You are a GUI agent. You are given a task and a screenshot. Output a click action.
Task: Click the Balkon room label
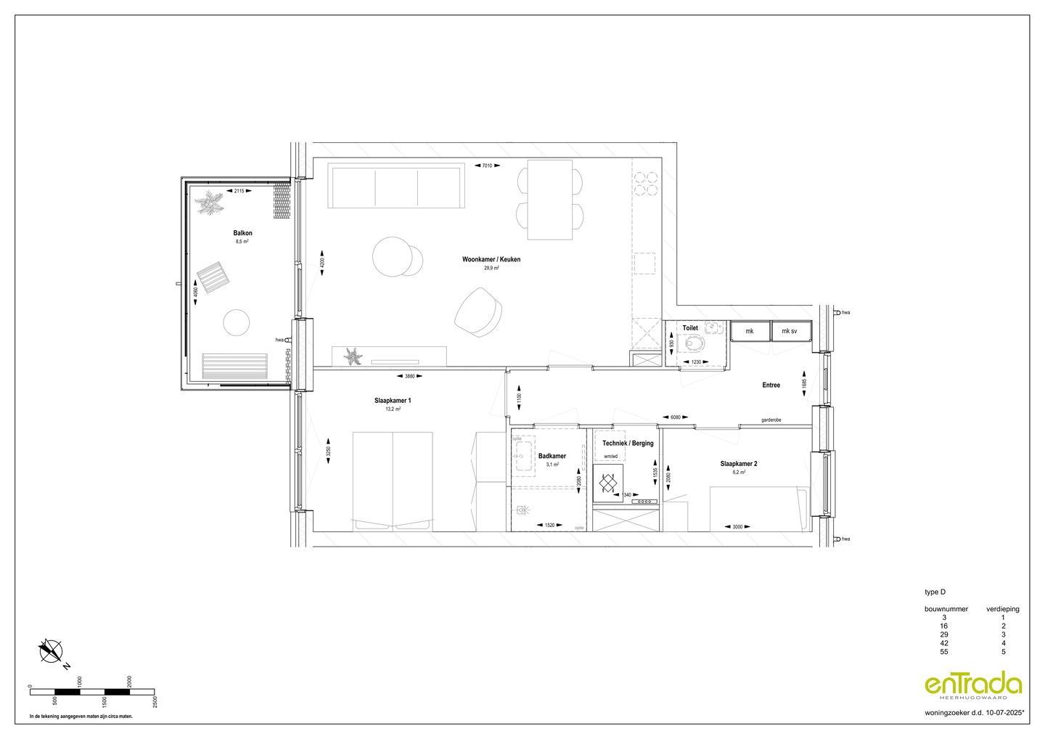tap(242, 233)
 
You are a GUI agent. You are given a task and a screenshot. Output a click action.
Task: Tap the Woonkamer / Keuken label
tap(491, 259)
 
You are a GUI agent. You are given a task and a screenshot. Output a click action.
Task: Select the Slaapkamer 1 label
tap(393, 400)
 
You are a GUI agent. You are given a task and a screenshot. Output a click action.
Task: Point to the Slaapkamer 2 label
tap(739, 463)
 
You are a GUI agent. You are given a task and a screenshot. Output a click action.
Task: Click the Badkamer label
tap(552, 456)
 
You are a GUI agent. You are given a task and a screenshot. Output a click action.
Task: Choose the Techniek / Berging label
tap(628, 443)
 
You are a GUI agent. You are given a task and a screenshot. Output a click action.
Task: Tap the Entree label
tap(771, 385)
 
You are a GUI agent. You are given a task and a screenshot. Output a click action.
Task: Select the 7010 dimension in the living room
tap(487, 166)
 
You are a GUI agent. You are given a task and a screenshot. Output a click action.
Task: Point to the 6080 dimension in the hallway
tap(675, 417)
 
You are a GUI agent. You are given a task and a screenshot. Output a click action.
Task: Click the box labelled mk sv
tap(790, 332)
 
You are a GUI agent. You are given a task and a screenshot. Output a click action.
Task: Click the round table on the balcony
tap(236, 322)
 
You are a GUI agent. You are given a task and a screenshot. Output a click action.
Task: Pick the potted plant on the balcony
tap(212, 203)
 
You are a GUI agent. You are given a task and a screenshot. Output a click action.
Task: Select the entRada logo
tap(972, 685)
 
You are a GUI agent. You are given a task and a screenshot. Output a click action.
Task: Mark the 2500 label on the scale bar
tap(155, 701)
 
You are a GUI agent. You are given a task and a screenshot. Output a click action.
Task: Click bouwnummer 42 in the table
tap(944, 643)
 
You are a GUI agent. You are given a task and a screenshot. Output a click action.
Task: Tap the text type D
tap(935, 592)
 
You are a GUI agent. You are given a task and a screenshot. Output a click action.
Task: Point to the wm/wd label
tap(610, 457)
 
